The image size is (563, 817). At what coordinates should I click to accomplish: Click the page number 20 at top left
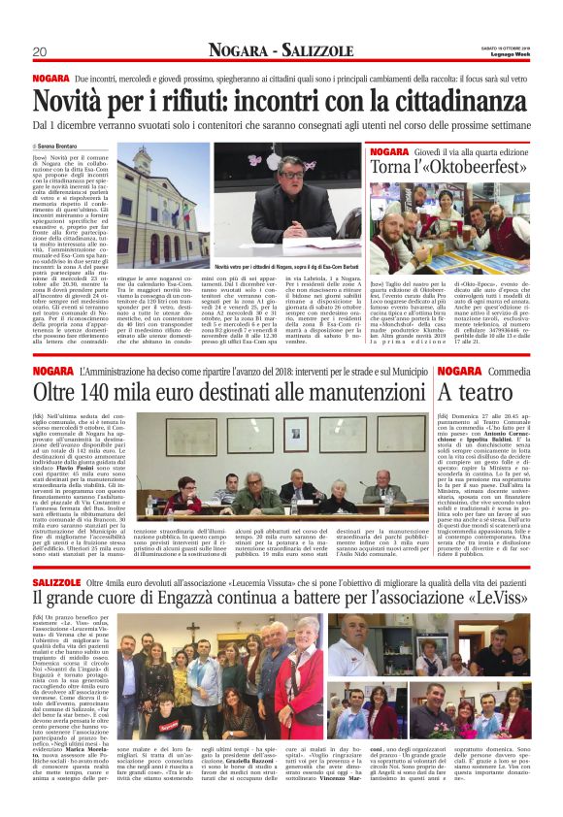tap(39, 51)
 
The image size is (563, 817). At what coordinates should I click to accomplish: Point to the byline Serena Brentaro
tap(60, 145)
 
